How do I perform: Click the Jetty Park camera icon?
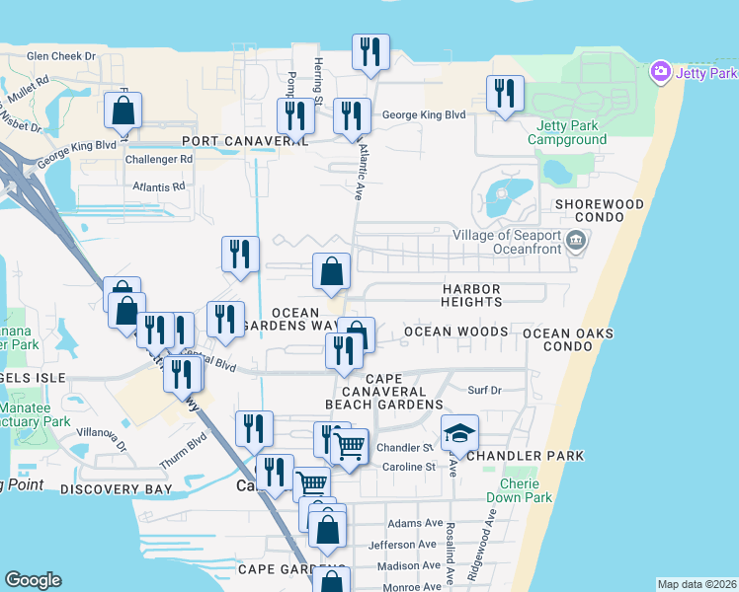661,72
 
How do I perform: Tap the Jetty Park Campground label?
571,132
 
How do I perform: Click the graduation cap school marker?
458,432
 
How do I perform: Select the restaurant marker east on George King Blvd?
505,94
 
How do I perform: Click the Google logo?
33,579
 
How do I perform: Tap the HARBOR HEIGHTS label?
471,296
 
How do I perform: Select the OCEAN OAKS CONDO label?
567,340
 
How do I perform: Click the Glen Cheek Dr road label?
61,56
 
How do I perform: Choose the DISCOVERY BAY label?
116,489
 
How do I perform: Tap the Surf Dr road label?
484,391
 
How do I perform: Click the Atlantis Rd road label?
158,186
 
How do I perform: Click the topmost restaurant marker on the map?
370,52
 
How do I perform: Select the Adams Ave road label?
416,524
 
